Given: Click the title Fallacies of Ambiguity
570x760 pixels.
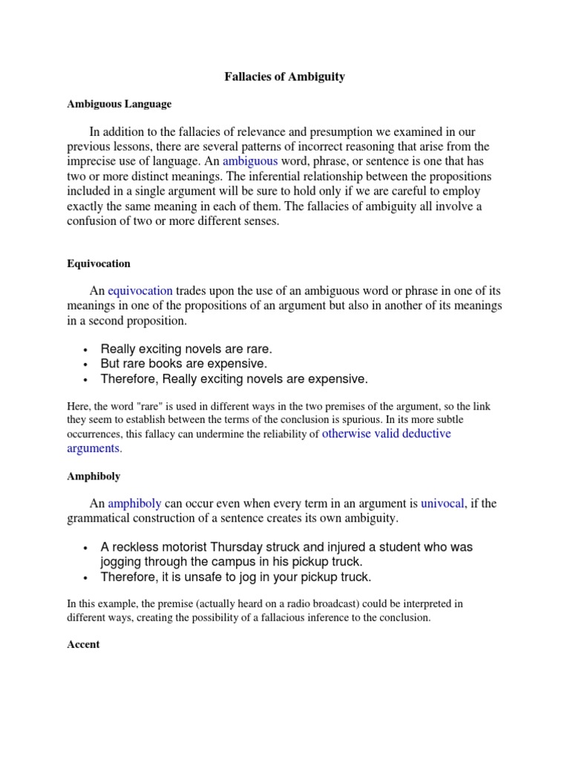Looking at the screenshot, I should tap(285, 77).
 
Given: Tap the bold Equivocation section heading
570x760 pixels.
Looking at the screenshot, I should tap(98, 263).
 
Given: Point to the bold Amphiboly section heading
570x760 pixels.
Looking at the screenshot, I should tap(94, 476).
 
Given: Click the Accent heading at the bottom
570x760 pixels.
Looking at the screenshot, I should tap(83, 644).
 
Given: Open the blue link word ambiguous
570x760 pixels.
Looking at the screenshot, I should tap(250, 161).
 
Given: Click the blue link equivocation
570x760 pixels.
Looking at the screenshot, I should tap(140, 290).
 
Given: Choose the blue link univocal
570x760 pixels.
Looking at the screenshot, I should tap(442, 503).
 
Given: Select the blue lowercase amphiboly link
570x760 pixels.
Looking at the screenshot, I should tap(134, 503).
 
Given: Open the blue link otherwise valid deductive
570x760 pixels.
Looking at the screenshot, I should tap(386, 433).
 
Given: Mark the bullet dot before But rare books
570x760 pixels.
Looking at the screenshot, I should tap(87, 364).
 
